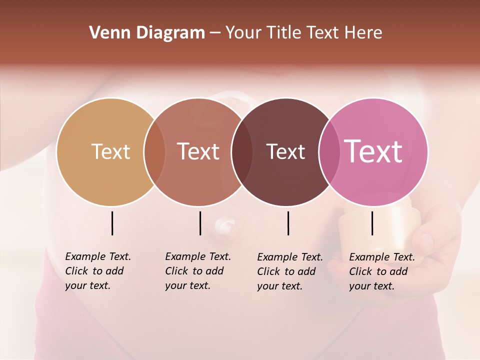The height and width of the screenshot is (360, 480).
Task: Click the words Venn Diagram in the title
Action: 147,33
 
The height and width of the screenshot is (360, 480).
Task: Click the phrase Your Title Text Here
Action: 303,33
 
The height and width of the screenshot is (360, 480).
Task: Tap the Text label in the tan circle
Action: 110,152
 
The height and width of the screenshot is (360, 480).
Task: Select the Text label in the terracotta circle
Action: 198,151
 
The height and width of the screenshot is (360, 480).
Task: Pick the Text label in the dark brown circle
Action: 285,152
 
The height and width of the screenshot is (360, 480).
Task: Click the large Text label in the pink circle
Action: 373,151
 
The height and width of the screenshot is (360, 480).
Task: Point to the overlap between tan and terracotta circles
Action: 154,152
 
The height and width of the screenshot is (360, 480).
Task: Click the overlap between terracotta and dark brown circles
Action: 242,152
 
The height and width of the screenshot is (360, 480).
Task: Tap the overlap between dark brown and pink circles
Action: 329,152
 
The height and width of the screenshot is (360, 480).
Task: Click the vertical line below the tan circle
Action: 112,223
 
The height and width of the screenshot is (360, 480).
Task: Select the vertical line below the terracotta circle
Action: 200,223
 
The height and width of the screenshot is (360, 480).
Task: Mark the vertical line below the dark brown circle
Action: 288,223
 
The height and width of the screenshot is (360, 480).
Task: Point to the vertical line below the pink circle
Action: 372,223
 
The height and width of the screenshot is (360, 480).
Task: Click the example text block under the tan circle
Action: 98,271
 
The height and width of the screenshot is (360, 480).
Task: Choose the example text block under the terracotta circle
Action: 198,271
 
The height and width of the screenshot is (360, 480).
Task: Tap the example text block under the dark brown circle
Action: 290,271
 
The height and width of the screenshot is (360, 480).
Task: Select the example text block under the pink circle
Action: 382,271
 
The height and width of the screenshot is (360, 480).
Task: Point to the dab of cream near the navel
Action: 223,226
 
